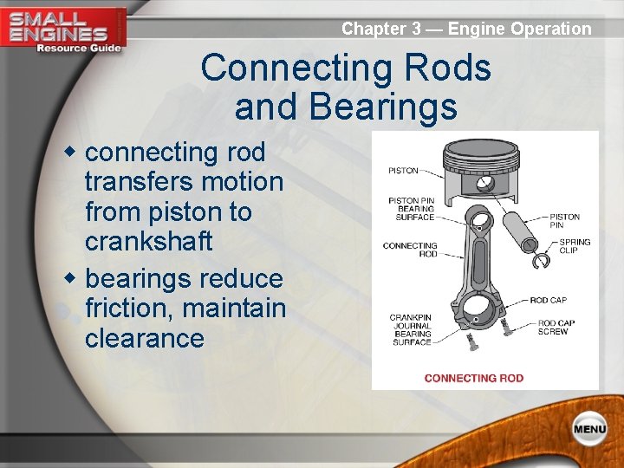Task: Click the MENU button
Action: [x=588, y=429]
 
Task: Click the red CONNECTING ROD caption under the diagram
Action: [x=473, y=378]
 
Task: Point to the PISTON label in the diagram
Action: [x=403, y=171]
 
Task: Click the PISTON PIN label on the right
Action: [x=565, y=221]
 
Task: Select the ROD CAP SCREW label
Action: [x=553, y=328]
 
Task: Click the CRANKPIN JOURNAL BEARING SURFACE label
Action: [x=410, y=329]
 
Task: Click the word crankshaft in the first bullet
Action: [x=148, y=242]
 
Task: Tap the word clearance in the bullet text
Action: [x=144, y=338]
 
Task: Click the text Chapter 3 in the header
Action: [x=380, y=29]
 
